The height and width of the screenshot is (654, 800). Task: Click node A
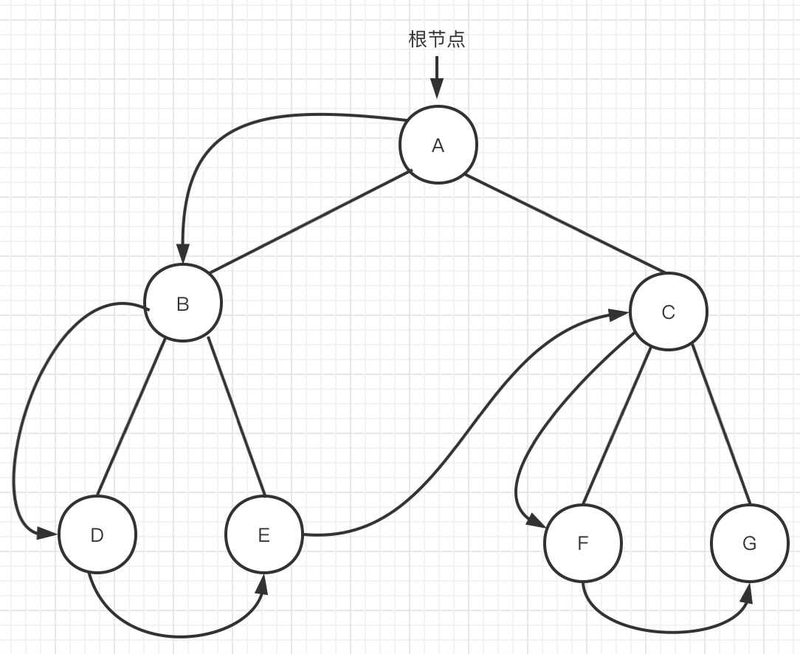(438, 145)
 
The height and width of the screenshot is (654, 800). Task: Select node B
(183, 303)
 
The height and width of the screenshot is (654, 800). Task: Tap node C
(668, 311)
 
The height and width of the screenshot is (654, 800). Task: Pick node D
(97, 534)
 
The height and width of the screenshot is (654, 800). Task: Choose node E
(264, 534)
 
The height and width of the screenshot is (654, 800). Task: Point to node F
(582, 543)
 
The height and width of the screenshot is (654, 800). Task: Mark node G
(749, 543)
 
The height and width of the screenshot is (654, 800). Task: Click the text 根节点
(437, 39)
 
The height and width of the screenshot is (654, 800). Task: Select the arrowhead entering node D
(49, 533)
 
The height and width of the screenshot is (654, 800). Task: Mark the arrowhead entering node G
(748, 592)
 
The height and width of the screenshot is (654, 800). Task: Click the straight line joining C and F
(616, 426)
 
